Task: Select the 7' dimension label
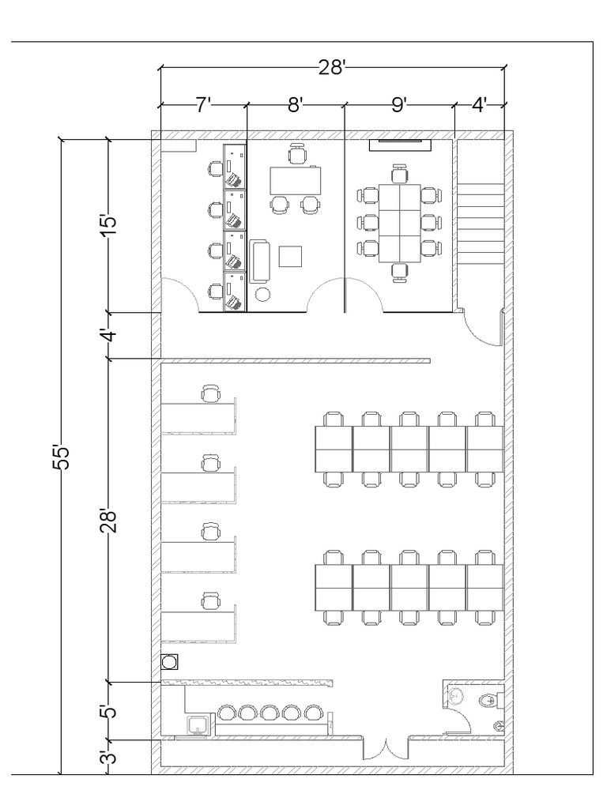click(203, 105)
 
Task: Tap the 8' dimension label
click(296, 105)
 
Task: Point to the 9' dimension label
click(399, 105)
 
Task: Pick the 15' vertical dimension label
click(110, 224)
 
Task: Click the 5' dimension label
click(110, 711)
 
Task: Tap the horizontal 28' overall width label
click(333, 68)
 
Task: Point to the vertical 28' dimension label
click(110, 520)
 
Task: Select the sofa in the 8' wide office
click(259, 261)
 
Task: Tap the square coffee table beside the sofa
click(291, 257)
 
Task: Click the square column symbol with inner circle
click(168, 661)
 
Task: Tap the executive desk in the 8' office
click(295, 179)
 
